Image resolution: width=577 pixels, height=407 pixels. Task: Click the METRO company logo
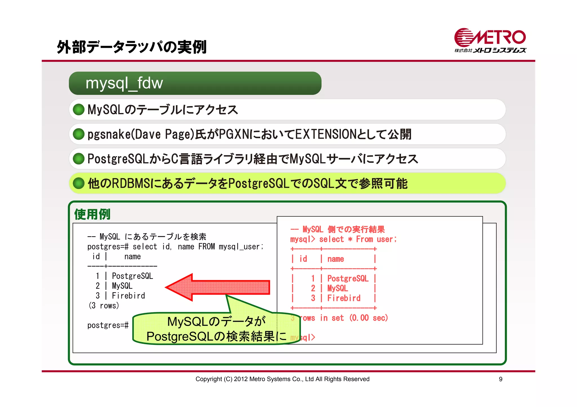[x=490, y=40]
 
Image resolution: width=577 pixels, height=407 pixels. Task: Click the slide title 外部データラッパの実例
[x=132, y=47]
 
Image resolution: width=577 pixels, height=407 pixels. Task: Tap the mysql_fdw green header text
[x=124, y=83]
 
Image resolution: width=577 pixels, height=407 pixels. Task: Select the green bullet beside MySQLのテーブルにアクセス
[x=79, y=109]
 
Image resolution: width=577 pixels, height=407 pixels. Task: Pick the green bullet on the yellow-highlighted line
[x=79, y=183]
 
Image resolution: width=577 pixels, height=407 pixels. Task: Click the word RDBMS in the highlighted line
[x=131, y=183]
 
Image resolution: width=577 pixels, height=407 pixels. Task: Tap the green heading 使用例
[x=92, y=214]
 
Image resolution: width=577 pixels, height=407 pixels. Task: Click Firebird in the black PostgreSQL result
[x=128, y=296]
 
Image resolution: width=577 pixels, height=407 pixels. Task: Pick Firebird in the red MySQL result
[x=344, y=298]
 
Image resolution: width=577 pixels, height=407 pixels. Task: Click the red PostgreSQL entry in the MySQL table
[x=348, y=278]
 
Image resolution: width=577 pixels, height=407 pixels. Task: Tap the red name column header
[x=336, y=259]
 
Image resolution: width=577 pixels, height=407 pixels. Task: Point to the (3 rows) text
[x=104, y=305]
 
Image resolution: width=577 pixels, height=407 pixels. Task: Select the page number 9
[x=500, y=379]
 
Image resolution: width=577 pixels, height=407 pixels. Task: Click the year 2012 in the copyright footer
[x=240, y=379]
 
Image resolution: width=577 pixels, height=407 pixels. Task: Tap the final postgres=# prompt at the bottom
[x=108, y=325]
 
